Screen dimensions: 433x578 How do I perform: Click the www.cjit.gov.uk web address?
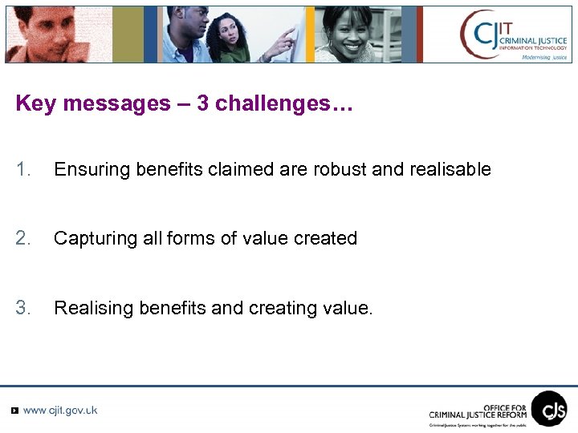(x=60, y=411)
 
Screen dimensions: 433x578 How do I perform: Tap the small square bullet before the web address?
(x=14, y=411)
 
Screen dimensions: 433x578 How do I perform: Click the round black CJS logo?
(x=549, y=408)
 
